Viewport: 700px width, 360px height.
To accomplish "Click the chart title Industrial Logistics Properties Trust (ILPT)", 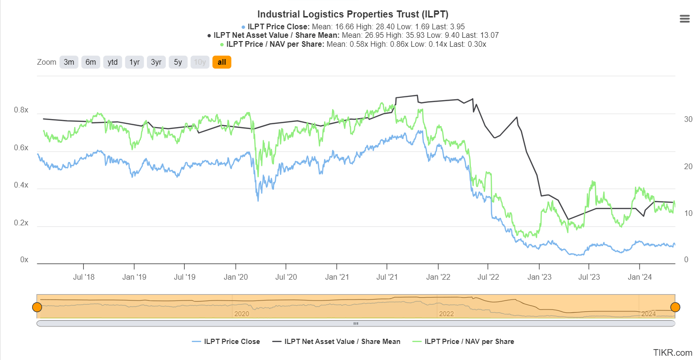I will pyautogui.click(x=353, y=14).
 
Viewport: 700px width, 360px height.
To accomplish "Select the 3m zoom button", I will pyautogui.click(x=69, y=62).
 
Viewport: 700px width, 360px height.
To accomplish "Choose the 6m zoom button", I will pyautogui.click(x=91, y=62).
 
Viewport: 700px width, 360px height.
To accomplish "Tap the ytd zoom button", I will pyautogui.click(x=112, y=62).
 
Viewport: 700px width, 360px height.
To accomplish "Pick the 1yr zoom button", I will pyautogui.click(x=135, y=62).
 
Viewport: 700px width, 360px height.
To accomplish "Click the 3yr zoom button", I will pyautogui.click(x=156, y=62).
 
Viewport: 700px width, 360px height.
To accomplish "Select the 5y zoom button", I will pyautogui.click(x=178, y=62).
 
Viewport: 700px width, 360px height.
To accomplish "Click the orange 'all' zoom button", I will pyautogui.click(x=222, y=62).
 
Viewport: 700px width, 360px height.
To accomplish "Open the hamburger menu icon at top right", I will pyautogui.click(x=684, y=19).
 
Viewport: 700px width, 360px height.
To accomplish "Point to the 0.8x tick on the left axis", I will pyautogui.click(x=21, y=111).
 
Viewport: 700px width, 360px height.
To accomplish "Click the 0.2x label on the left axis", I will pyautogui.click(x=21, y=223).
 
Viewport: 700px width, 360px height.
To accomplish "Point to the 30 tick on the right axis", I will pyautogui.click(x=688, y=119).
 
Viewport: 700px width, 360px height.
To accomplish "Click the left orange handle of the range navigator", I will pyautogui.click(x=37, y=307).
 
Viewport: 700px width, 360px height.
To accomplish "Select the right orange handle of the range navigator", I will pyautogui.click(x=675, y=307).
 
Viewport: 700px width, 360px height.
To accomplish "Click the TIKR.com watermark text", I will pyautogui.click(x=673, y=352).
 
